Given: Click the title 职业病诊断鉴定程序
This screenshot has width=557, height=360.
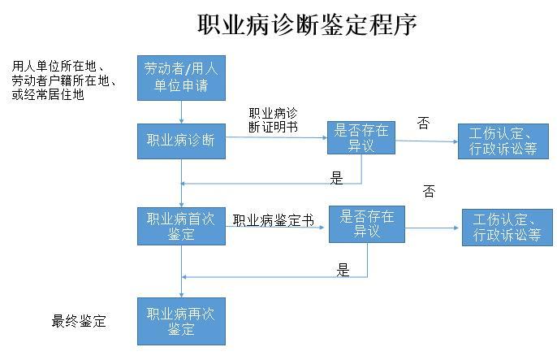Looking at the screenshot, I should pos(307,24).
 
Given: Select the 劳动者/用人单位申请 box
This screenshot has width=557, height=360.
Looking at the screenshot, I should pos(181,76).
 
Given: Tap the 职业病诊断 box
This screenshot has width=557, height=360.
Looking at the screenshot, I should pos(181,140).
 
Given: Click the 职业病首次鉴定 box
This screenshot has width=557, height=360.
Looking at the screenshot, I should pos(181,226).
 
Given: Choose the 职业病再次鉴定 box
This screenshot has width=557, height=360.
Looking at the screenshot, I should pos(181,321).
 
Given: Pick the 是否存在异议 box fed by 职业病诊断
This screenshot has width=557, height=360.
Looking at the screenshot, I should pos(361,137).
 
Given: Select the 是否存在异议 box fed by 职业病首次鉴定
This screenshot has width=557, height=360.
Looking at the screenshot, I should pos(366,224).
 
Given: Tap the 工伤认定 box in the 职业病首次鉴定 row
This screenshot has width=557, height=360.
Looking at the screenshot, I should pos(507,228).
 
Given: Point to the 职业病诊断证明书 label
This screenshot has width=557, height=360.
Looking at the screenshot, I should pos(273,119).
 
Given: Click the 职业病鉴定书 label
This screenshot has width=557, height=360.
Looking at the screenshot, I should pos(273,220).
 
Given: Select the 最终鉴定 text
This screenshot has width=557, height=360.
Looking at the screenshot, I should pos(79,321).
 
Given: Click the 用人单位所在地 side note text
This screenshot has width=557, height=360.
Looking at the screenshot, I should pos(63,80).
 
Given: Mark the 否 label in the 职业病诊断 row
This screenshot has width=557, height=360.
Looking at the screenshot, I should pos(423,123).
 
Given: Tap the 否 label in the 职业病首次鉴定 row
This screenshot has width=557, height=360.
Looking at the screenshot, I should pos(429,192).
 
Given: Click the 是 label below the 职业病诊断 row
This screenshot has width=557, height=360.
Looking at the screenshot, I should pos(337,178).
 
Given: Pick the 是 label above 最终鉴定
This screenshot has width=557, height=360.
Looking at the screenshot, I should pos(343,270).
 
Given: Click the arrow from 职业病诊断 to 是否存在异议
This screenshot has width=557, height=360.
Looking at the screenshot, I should pos(276,138).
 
